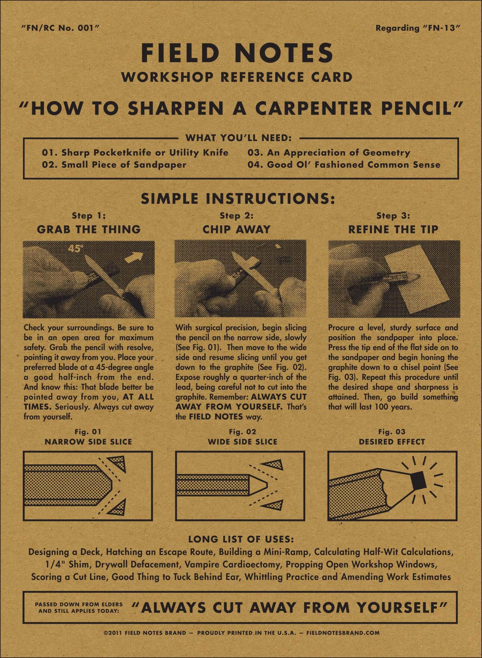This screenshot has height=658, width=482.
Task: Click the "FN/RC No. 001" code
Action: (60, 28)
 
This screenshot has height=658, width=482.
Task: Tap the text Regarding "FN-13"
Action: (418, 28)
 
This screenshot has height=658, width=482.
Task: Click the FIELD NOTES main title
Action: (237, 53)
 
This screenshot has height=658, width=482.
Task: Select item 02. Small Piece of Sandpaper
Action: (114, 165)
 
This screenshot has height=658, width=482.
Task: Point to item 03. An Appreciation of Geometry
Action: (329, 152)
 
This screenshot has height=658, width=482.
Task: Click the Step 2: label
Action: (237, 215)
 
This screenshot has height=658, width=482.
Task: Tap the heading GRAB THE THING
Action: (89, 229)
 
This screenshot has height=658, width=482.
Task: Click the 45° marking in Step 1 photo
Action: (76, 248)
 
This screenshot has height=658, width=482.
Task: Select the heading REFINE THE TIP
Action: (393, 229)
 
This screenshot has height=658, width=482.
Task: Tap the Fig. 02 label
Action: (242, 432)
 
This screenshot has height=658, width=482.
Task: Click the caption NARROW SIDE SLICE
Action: (88, 442)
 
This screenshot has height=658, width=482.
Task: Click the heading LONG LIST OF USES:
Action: (241, 539)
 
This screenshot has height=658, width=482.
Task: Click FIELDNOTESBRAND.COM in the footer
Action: (343, 633)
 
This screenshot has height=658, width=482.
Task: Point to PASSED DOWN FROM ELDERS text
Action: (79, 604)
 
